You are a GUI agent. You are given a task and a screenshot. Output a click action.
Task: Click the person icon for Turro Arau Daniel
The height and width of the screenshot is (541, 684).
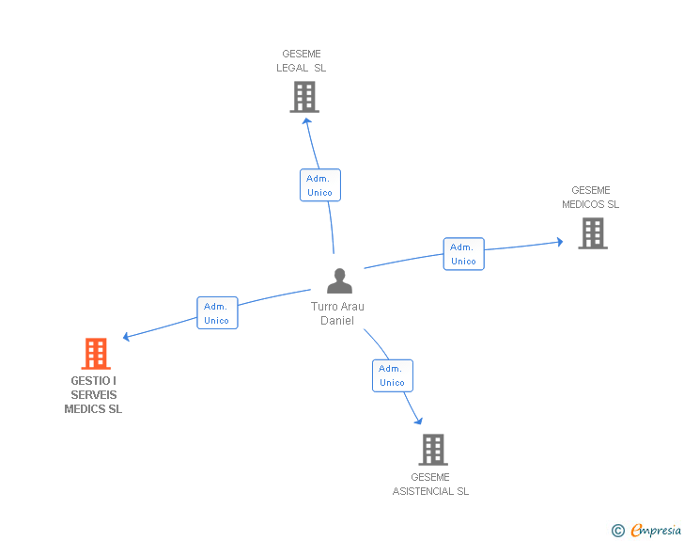click(x=339, y=280)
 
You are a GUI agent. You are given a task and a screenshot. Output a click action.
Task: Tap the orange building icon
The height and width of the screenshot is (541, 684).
click(x=96, y=354)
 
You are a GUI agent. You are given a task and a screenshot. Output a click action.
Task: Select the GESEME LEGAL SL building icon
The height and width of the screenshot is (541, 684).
click(x=304, y=97)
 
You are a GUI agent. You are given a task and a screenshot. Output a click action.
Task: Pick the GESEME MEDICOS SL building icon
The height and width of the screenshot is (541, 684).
click(x=593, y=233)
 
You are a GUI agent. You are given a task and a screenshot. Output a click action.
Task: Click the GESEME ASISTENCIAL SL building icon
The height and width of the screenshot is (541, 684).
click(x=433, y=450)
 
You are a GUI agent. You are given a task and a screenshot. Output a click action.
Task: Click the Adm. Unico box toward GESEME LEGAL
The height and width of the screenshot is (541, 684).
click(x=320, y=185)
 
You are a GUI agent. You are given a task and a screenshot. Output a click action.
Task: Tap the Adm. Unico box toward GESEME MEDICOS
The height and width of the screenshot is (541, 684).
click(x=464, y=254)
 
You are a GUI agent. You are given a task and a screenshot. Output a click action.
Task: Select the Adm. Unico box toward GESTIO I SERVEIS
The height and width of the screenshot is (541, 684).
click(x=217, y=313)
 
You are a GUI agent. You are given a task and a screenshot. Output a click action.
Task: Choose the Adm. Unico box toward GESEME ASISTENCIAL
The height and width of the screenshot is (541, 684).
click(x=393, y=375)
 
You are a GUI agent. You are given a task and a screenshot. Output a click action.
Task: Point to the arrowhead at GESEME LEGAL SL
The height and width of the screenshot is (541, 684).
click(x=306, y=121)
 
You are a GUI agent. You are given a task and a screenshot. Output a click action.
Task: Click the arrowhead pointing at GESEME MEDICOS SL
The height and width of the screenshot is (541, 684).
click(x=560, y=242)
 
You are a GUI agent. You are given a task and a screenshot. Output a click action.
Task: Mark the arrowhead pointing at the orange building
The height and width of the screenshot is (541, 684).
click(x=127, y=337)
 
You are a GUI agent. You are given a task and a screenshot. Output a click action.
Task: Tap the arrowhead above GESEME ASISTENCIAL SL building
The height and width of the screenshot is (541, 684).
click(x=419, y=422)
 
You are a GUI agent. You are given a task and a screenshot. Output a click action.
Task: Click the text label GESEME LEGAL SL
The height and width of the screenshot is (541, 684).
click(x=301, y=61)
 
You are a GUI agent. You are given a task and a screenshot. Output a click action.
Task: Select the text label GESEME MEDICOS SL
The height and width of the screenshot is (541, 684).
click(x=591, y=197)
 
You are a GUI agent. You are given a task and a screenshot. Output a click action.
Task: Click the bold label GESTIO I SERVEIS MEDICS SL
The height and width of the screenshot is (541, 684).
click(x=93, y=395)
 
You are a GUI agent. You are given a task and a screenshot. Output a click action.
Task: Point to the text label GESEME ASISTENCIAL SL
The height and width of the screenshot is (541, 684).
click(x=430, y=485)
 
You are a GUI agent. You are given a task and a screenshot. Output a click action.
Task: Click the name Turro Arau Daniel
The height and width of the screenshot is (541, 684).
click(x=337, y=313)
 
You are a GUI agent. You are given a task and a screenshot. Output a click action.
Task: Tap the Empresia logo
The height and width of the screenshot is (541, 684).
click(x=656, y=530)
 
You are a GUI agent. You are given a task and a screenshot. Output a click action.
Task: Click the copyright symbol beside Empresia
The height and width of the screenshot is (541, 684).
click(x=618, y=531)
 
